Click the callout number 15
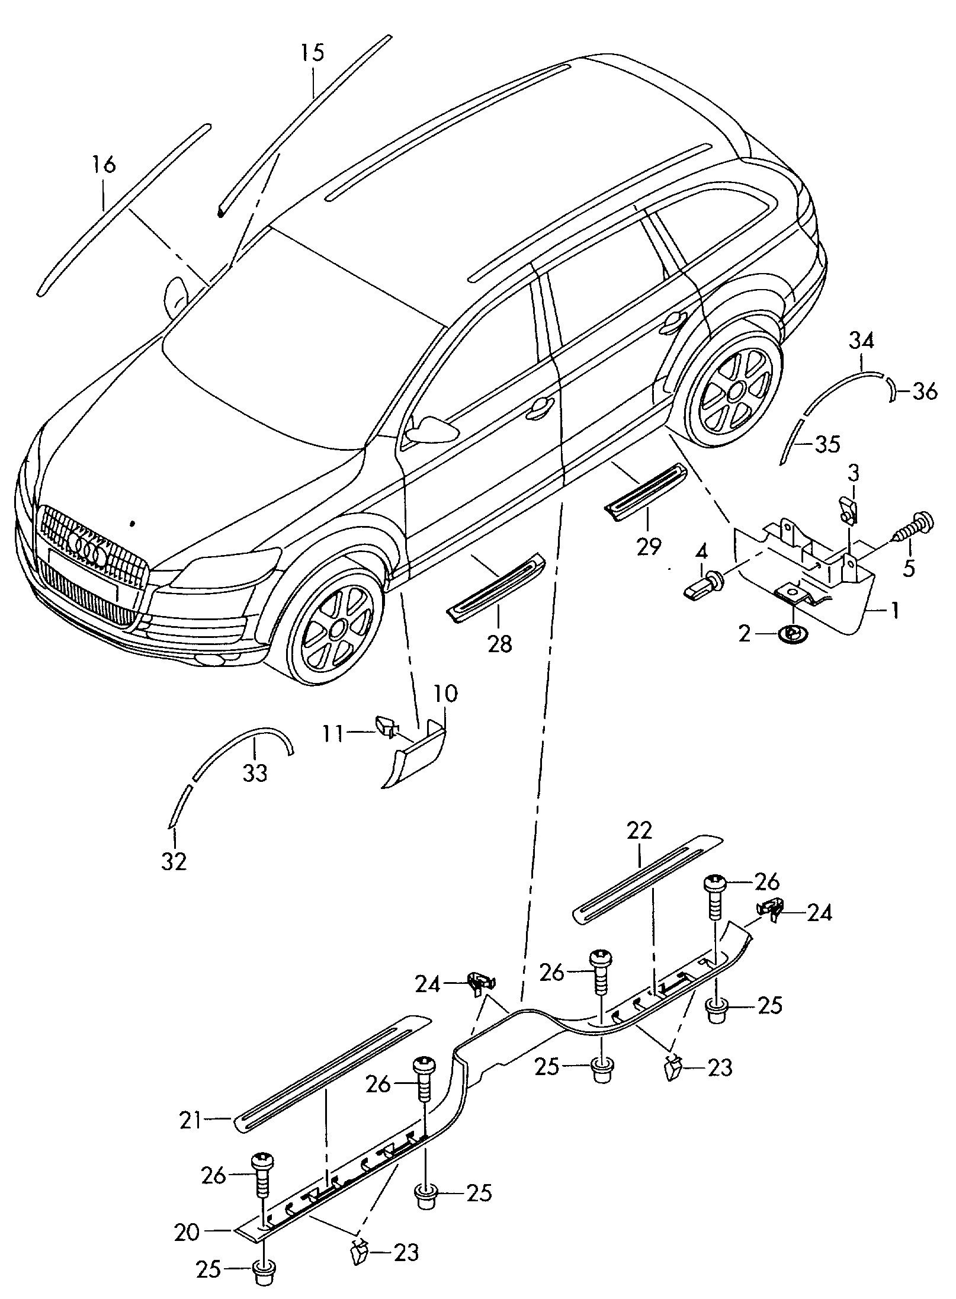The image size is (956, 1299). (x=312, y=53)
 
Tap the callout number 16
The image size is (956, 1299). (x=104, y=164)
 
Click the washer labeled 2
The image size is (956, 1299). (x=789, y=633)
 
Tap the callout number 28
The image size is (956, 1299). (x=499, y=643)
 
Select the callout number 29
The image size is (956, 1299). (x=649, y=547)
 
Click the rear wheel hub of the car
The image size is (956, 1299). (x=736, y=390)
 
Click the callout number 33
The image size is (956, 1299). (x=255, y=772)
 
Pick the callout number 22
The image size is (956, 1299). (x=639, y=830)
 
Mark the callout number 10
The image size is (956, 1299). (x=445, y=692)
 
